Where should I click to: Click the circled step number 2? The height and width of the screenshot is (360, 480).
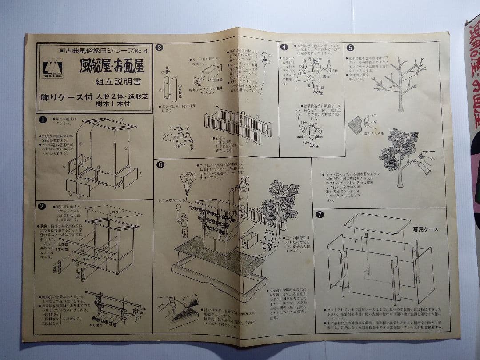pyautogui.click(x=42, y=206)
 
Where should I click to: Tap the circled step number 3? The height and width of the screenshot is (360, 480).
pyautogui.click(x=159, y=48)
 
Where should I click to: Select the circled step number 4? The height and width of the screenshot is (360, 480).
pyautogui.click(x=284, y=47)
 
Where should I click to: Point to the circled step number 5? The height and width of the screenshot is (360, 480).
pyautogui.click(x=351, y=48)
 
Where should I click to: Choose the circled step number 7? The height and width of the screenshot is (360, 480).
pyautogui.click(x=320, y=215)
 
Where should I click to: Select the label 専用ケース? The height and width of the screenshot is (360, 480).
pyautogui.click(x=425, y=229)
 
